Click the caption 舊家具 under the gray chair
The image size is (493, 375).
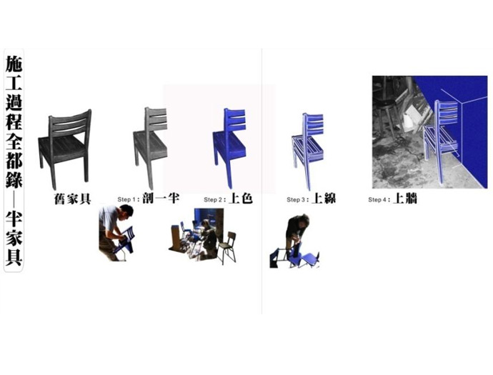click(x=73, y=199)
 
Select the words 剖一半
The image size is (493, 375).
click(x=160, y=198)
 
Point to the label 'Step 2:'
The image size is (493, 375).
click(x=215, y=199)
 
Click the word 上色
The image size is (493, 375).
click(x=241, y=199)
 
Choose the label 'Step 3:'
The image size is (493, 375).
click(x=298, y=199)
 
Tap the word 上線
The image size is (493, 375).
click(x=324, y=199)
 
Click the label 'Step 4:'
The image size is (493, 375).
click(x=379, y=199)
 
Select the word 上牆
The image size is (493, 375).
click(x=405, y=199)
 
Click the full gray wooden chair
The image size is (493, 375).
click(x=65, y=148)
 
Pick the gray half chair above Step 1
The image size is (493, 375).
click(x=150, y=147)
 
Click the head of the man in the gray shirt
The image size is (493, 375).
click(x=126, y=212)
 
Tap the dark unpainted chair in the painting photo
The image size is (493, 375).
click(x=227, y=247)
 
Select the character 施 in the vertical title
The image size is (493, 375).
click(x=14, y=63)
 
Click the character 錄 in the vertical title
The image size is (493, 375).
click(x=14, y=179)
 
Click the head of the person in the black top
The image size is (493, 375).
click(x=303, y=220)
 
